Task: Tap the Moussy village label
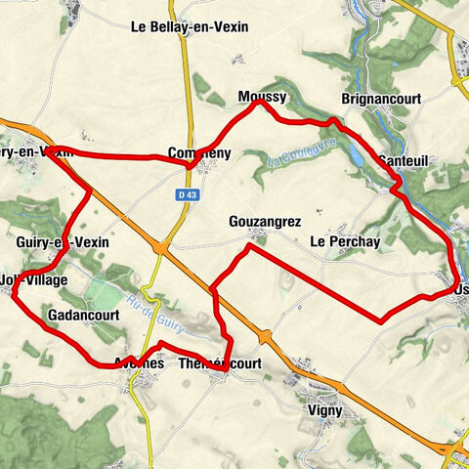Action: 261,96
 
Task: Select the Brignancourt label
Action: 379,99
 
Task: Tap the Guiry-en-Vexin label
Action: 63,241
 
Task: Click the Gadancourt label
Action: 82,316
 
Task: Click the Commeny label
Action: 197,153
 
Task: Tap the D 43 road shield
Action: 188,195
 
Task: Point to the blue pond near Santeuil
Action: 358,157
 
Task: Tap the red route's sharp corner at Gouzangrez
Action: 249,246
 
